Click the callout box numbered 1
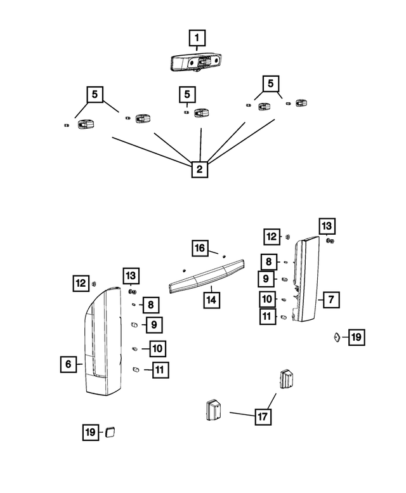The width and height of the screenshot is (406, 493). (197, 37)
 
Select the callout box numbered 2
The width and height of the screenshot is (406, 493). (200, 169)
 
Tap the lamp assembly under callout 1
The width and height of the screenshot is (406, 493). (197, 62)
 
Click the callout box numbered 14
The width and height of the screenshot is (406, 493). (211, 300)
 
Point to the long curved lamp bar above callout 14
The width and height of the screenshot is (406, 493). (207, 276)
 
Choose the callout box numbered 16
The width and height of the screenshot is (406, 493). (200, 248)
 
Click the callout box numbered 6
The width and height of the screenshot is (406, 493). (69, 364)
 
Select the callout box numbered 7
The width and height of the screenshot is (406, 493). (331, 299)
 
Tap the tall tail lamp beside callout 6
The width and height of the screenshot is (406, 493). (103, 341)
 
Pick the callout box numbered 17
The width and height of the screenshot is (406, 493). (263, 417)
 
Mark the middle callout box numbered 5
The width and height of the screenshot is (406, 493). (187, 95)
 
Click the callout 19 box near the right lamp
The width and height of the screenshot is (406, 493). (357, 337)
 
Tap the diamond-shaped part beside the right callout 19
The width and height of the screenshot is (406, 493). (337, 338)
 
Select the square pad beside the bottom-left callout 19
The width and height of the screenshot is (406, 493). (110, 432)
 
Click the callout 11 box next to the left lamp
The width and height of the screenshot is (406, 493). (160, 370)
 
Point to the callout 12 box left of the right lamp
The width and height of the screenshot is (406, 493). (272, 237)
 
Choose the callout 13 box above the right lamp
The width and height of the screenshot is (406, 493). (327, 226)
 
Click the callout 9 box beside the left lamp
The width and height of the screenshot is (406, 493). (154, 325)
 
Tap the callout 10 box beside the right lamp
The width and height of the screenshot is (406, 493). (268, 299)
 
